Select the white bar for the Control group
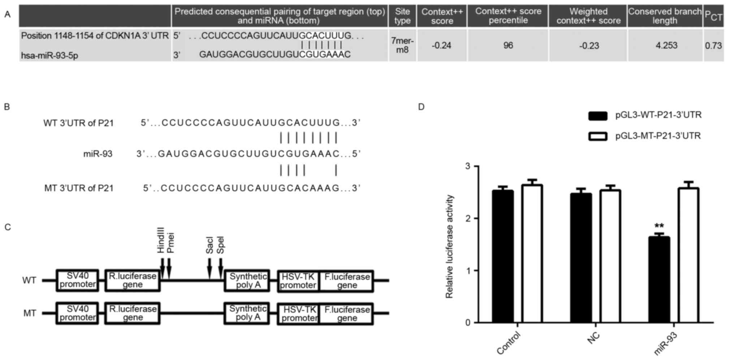[532, 253]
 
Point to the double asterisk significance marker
[659, 227]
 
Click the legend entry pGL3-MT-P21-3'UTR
[658, 136]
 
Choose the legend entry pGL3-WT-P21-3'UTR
[658, 115]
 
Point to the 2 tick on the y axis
[469, 219]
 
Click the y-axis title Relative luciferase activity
[449, 247]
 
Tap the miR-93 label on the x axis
[665, 343]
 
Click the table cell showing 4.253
[666, 46]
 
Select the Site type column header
[402, 16]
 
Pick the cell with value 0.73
[713, 46]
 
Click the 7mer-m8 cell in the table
[402, 46]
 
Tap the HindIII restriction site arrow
[162, 269]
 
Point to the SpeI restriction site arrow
[221, 269]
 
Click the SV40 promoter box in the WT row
[77, 280]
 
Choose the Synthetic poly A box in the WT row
[247, 280]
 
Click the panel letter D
[421, 107]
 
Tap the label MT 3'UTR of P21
[79, 188]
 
